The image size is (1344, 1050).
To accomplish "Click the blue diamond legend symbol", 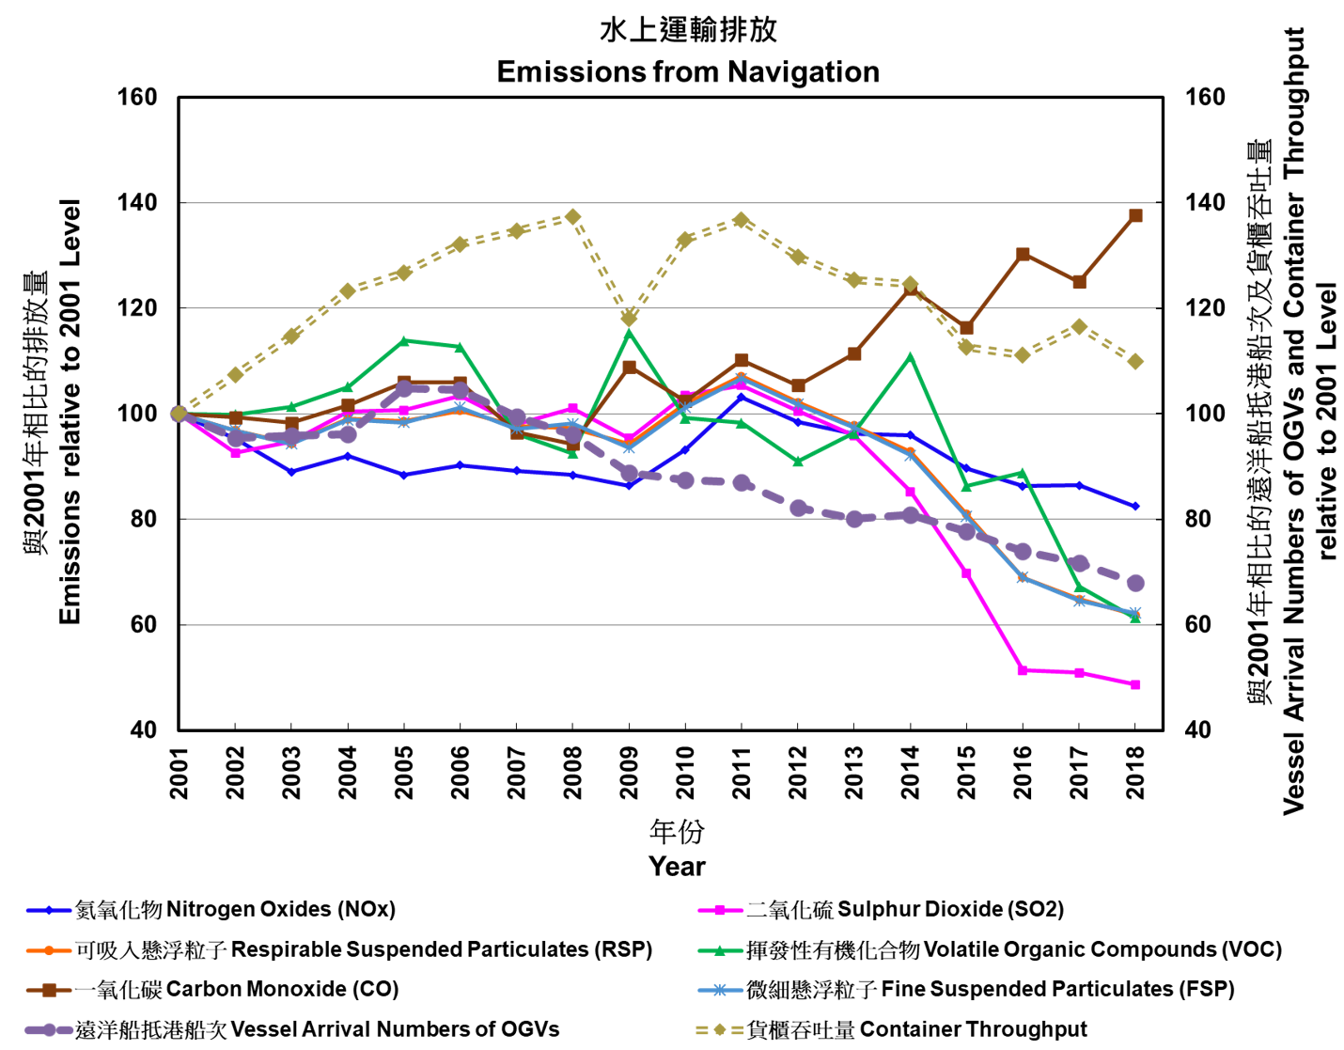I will (49, 910).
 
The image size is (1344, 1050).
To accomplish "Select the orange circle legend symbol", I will (49, 950).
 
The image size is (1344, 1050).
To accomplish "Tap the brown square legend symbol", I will (49, 990).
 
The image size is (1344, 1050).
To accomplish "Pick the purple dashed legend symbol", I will (49, 1029).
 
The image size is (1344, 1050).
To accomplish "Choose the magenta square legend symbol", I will (720, 910).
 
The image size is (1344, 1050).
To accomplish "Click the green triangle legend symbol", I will (720, 950).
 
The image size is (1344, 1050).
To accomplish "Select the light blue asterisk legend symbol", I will (720, 990).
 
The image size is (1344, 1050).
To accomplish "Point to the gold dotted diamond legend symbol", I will (720, 1029).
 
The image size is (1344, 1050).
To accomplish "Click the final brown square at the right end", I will (1135, 215).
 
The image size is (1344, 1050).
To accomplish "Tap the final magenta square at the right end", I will (1135, 684).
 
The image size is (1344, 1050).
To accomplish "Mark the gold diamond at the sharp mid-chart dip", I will (629, 318).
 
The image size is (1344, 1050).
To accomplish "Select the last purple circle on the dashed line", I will (1135, 583).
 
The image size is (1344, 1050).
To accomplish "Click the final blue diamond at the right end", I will (1135, 506).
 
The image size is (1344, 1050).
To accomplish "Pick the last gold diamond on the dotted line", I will (1135, 361).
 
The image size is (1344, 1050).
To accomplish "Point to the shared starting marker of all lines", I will (179, 414).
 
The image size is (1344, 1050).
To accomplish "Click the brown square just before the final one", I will (1079, 282).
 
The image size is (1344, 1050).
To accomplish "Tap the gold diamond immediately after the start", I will (235, 374).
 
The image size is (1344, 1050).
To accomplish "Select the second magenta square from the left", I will (235, 453).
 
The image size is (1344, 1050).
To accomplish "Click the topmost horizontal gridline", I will (671, 203).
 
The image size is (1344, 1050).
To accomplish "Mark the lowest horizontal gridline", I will (671, 624).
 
